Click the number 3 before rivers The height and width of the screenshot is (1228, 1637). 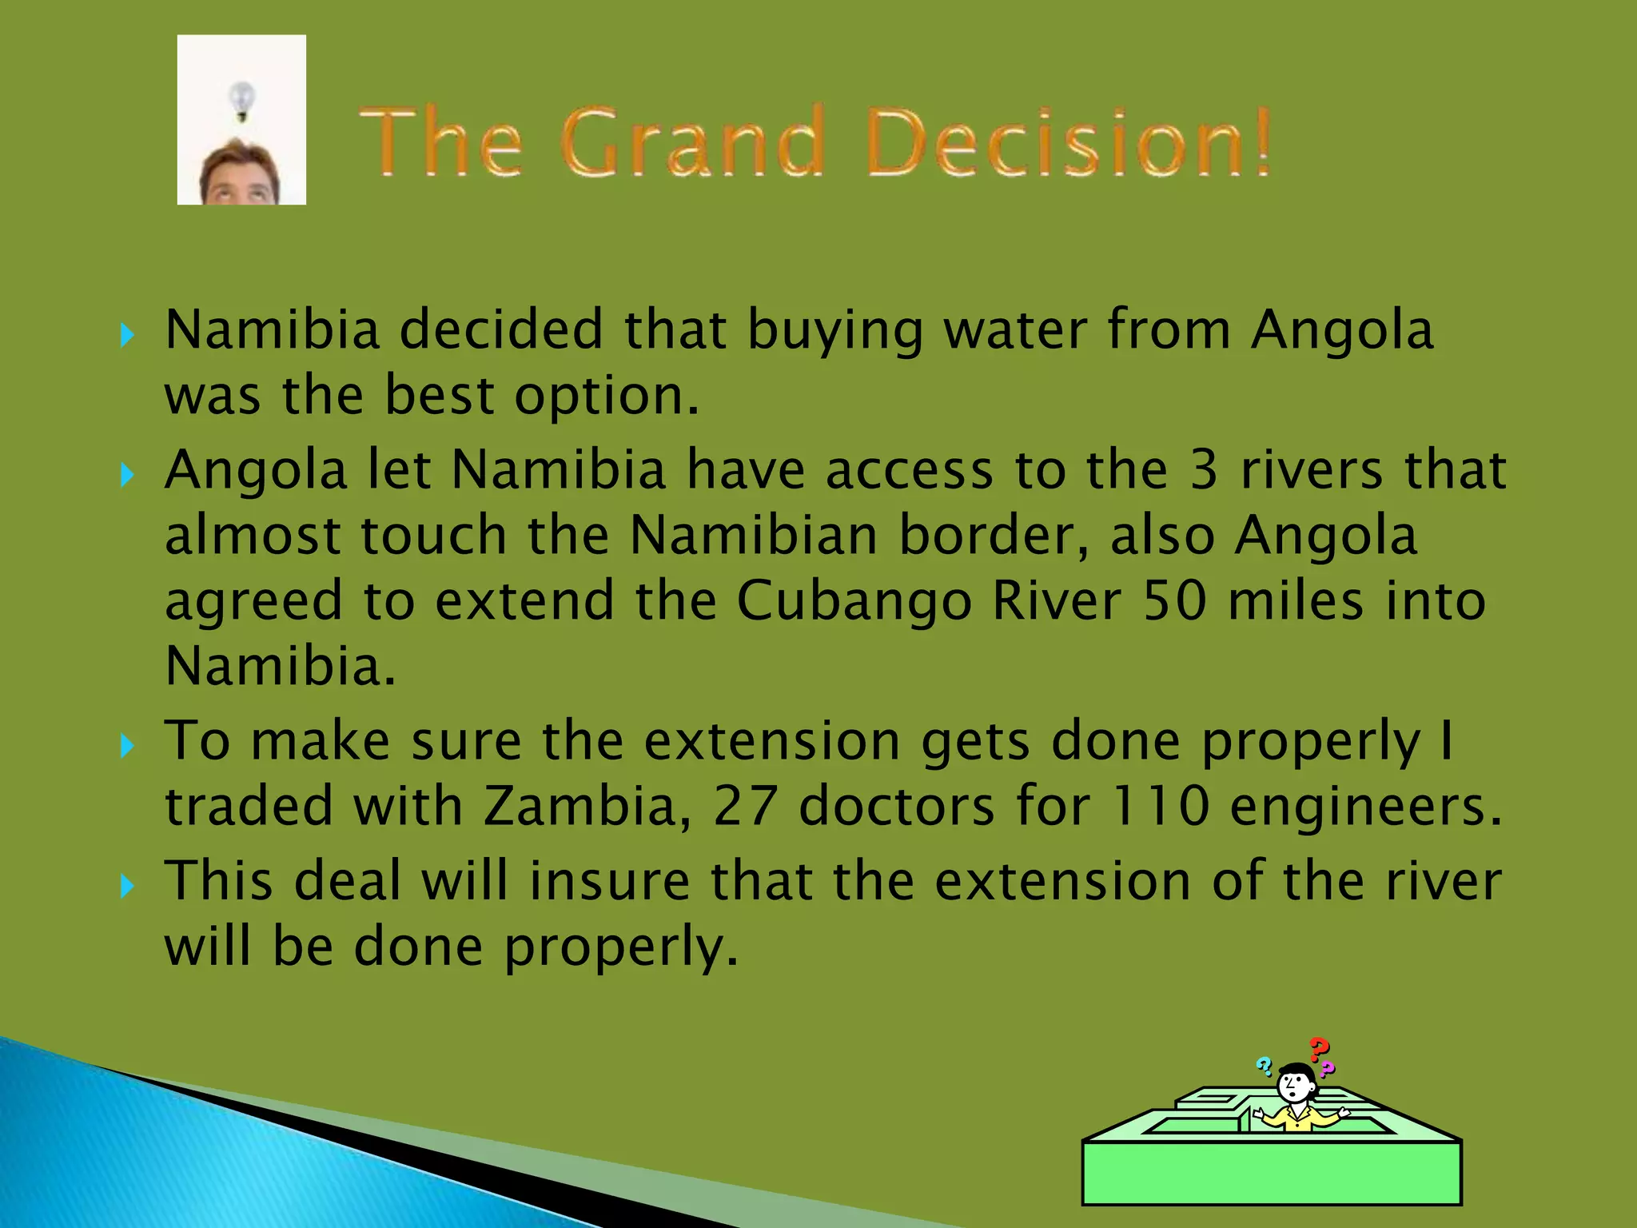click(x=1204, y=470)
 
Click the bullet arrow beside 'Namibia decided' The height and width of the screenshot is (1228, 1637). click(x=126, y=334)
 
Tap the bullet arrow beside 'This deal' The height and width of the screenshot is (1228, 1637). click(x=126, y=886)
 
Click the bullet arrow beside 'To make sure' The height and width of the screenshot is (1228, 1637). click(x=126, y=746)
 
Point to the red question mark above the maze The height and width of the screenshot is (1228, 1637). click(x=1319, y=1048)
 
